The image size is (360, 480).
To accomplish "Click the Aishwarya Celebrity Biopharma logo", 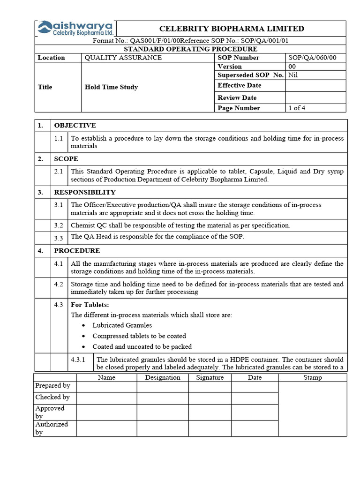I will [75, 29].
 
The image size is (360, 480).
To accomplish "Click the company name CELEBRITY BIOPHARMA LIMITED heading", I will [232, 29].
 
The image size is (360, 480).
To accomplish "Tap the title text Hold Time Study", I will [111, 87].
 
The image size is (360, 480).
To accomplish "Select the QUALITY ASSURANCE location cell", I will [123, 58].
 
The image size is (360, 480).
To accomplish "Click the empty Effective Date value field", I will [315, 85].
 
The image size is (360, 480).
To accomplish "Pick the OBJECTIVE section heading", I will [75, 125].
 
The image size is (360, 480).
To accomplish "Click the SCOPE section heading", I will [66, 159].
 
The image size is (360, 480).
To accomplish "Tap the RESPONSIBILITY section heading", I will [84, 192].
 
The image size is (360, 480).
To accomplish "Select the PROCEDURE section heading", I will [77, 251].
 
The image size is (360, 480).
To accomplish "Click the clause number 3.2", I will [58, 225].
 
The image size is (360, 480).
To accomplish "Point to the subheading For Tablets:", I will [90, 305].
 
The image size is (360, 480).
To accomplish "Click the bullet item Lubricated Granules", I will [122, 325].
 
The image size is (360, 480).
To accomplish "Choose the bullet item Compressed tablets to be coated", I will [139, 336].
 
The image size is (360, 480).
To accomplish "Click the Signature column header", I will [210, 377].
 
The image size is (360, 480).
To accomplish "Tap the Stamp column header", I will [313, 377].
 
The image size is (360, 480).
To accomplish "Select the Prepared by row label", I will [52, 386].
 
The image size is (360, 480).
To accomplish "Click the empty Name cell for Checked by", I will [106, 397].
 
